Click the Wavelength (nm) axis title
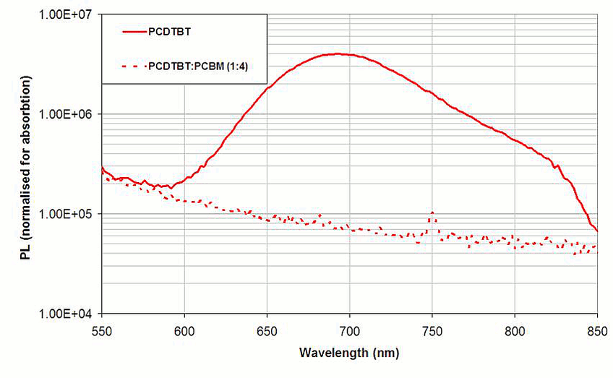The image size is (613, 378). [350, 353]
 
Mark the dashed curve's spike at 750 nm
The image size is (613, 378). [432, 212]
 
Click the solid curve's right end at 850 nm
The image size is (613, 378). [597, 231]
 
